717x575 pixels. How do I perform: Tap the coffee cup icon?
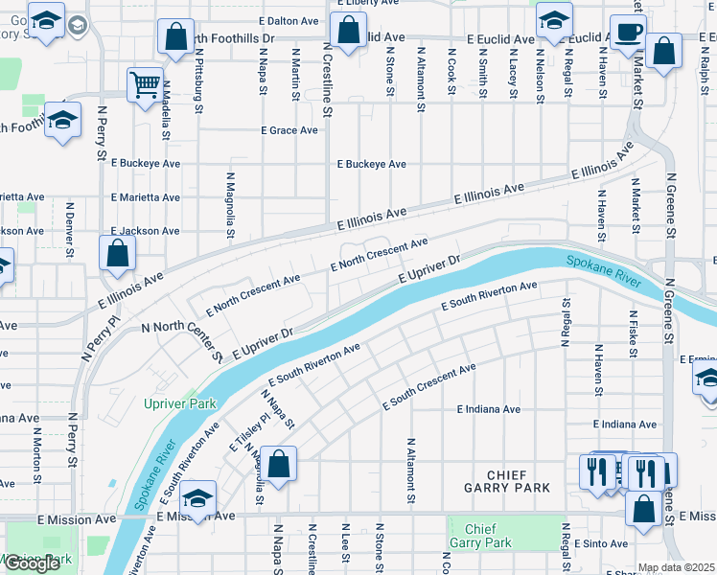(x=627, y=32)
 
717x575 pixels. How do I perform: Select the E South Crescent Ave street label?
(x=428, y=387)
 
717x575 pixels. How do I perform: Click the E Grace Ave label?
(x=289, y=130)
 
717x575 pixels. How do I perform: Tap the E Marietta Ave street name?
(x=145, y=197)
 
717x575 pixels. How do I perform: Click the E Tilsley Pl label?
(x=240, y=434)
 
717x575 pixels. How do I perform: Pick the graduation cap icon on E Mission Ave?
(x=197, y=498)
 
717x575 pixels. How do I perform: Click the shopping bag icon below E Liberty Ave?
(x=350, y=30)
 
